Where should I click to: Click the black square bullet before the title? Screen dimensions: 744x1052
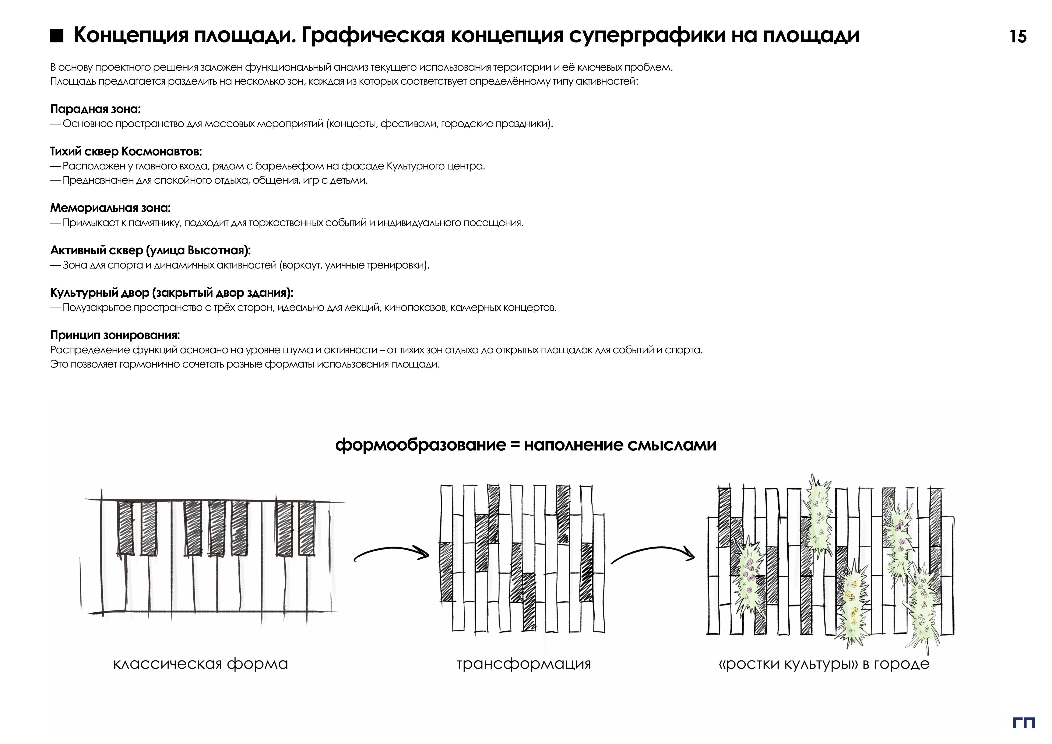click(56, 36)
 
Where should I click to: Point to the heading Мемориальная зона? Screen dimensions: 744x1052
click(110, 208)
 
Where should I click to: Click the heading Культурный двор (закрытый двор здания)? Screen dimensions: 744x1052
click(171, 293)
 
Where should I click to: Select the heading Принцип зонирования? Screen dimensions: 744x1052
click(115, 335)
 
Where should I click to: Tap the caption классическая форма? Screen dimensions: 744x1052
click(200, 664)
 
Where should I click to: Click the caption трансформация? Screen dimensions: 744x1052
click(523, 664)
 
